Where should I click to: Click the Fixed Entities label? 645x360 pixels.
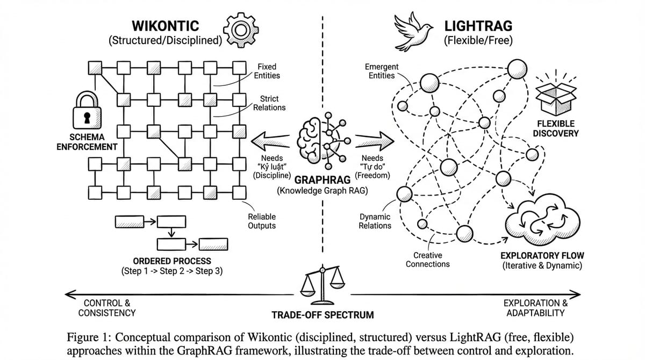[x=267, y=71]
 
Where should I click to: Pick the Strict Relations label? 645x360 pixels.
[x=269, y=103]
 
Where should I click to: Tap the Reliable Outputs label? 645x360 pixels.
[x=262, y=221]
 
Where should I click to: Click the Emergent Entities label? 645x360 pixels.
[x=381, y=71]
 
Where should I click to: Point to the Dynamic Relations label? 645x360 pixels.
[x=375, y=221]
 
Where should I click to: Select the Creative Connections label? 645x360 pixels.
[x=427, y=260]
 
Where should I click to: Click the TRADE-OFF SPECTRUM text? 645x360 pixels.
[x=322, y=315]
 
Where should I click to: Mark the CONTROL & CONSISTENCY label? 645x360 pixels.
[x=107, y=308]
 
